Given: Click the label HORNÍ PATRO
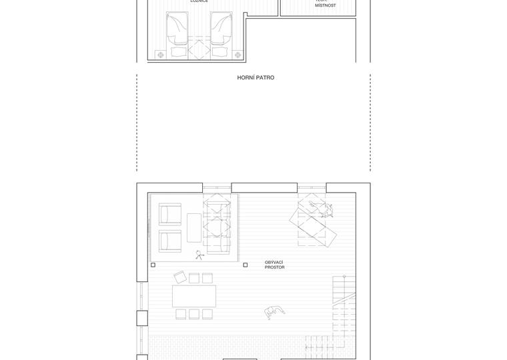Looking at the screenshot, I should (256, 78).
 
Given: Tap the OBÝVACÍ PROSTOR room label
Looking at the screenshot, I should (274, 265).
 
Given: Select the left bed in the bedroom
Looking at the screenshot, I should (178, 33).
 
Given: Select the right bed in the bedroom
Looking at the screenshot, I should (221, 33).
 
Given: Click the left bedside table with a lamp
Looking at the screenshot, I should (160, 55).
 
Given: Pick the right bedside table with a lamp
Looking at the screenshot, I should (239, 55).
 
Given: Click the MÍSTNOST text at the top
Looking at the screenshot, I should (326, 5).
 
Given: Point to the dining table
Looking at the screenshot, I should (194, 295).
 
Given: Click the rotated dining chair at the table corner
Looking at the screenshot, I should (179, 277).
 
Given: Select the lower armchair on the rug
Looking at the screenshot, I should (170, 241).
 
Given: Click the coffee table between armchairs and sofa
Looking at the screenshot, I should (194, 227).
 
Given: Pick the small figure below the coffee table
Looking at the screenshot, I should (199, 254).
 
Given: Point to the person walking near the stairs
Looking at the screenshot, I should (274, 312).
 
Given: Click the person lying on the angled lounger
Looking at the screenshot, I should (326, 211).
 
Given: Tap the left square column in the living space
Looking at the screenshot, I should (153, 265).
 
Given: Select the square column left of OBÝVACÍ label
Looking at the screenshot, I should (245, 265).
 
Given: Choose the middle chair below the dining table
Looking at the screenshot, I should (194, 314).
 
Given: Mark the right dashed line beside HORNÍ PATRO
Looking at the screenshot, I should (370, 123).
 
